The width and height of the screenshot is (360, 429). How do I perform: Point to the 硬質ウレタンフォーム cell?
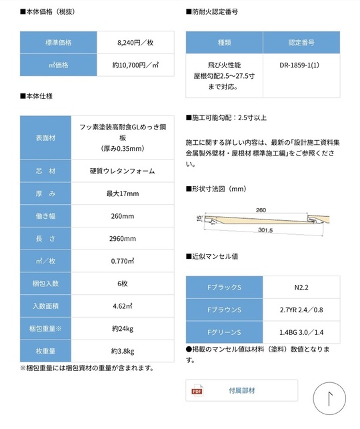pyautogui.click(x=123, y=171)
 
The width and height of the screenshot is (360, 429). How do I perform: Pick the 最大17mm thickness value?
pyautogui.click(x=123, y=193)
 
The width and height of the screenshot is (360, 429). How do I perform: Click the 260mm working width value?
pyautogui.click(x=123, y=216)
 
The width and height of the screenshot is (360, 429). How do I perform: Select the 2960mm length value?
pyautogui.click(x=123, y=239)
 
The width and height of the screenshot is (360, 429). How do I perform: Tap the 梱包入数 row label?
pyautogui.click(x=45, y=284)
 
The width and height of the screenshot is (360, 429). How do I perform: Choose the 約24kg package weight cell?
pyautogui.click(x=123, y=328)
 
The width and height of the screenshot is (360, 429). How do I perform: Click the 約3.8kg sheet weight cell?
pyautogui.click(x=123, y=351)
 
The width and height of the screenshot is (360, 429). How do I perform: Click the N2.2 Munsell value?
pyautogui.click(x=303, y=288)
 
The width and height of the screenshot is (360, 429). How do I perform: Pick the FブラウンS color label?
pyautogui.click(x=224, y=310)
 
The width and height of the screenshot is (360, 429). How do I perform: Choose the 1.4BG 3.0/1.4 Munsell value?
pyautogui.click(x=303, y=332)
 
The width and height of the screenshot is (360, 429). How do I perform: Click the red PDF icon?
pyautogui.click(x=197, y=390)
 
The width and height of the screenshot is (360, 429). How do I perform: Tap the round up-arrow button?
pyautogui.click(x=329, y=399)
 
